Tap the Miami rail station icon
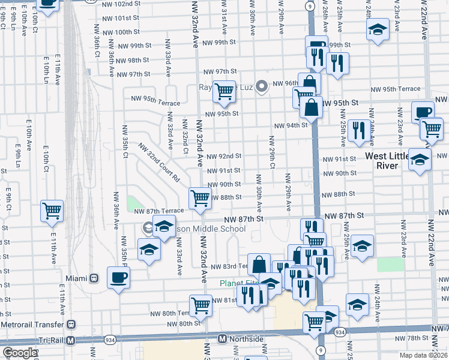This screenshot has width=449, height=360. click(x=94, y=278)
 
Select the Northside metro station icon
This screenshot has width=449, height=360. click(x=221, y=339)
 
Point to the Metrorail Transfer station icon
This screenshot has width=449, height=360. click(x=71, y=325)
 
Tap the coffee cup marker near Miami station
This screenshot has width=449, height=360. click(x=118, y=278)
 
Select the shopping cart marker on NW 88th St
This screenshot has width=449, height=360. click(x=200, y=197)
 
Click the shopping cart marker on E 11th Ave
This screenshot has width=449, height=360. click(x=52, y=211)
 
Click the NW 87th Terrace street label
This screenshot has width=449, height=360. click(x=158, y=211)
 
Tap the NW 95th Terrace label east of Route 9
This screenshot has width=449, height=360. click(x=396, y=89)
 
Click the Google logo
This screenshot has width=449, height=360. click(x=20, y=353)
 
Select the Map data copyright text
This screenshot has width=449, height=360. click(x=423, y=355)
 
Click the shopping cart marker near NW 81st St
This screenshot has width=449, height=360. click(x=200, y=305)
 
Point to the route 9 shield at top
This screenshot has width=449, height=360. click(x=309, y=5)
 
